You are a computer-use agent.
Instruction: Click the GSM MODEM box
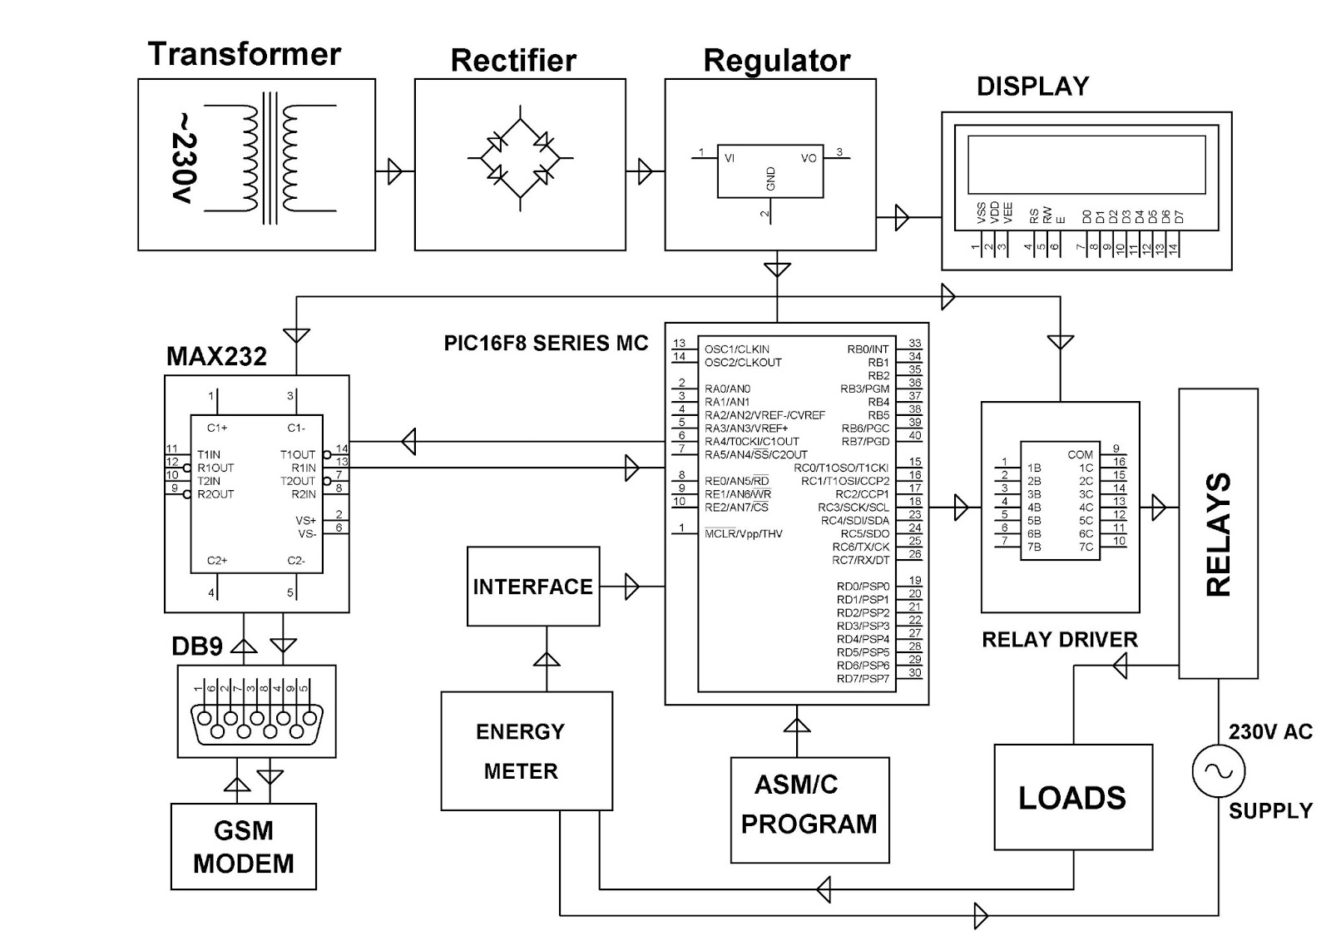pyautogui.click(x=244, y=846)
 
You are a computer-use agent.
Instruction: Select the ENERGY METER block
pyautogui.click(x=527, y=750)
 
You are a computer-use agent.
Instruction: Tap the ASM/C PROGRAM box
pyautogui.click(x=810, y=810)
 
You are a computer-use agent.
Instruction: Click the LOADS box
pyautogui.click(x=1074, y=797)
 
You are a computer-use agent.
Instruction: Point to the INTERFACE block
pyautogui.click(x=533, y=586)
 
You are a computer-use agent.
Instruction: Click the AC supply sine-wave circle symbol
pyautogui.click(x=1218, y=770)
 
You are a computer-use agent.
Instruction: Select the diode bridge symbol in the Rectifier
pyautogui.click(x=521, y=158)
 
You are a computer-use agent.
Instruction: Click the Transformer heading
pyautogui.click(x=245, y=55)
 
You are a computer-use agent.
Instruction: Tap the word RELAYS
pyautogui.click(x=1219, y=533)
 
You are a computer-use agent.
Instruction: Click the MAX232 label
pyautogui.click(x=216, y=356)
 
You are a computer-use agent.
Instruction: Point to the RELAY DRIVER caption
pyautogui.click(x=1060, y=640)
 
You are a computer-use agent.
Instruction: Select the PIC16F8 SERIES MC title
pyautogui.click(x=546, y=343)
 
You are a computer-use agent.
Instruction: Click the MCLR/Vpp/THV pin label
pyautogui.click(x=744, y=533)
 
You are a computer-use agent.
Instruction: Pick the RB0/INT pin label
pyautogui.click(x=868, y=349)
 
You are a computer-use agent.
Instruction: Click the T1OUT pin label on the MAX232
pyautogui.click(x=298, y=454)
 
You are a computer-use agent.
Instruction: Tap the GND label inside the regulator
pyautogui.click(x=770, y=178)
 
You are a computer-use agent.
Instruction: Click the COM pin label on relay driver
pyautogui.click(x=1080, y=454)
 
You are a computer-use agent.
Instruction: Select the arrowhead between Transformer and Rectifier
pyautogui.click(x=394, y=171)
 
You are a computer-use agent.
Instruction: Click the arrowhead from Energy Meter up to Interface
pyautogui.click(x=547, y=660)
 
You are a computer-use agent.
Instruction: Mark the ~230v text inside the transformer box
pyautogui.click(x=184, y=158)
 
